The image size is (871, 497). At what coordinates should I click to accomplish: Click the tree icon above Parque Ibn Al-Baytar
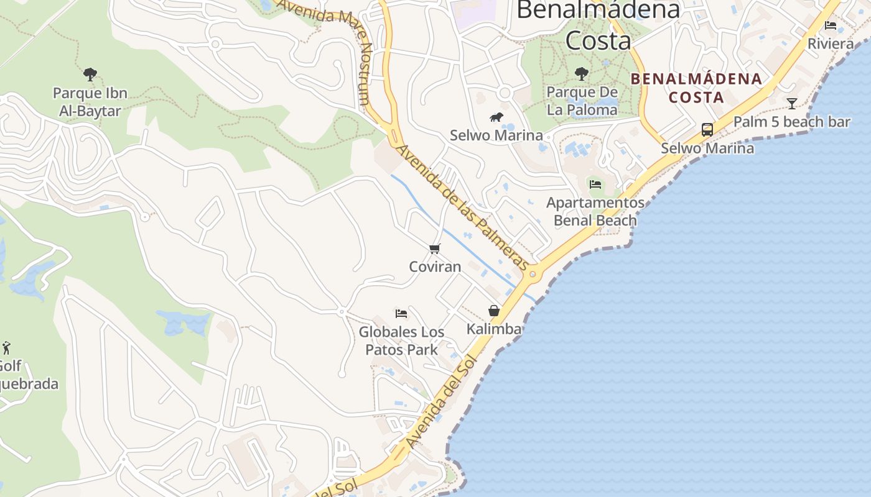coord(90,75)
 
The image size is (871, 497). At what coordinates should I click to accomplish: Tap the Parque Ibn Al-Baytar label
coord(90,102)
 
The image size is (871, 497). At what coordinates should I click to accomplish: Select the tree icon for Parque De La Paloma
coord(582,74)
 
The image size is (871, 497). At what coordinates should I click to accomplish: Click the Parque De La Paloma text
coord(582,101)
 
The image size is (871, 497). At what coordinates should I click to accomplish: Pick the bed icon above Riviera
coord(831,25)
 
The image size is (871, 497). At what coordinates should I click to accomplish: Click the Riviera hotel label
coord(831,44)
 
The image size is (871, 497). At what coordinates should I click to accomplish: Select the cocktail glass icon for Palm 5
coord(791,103)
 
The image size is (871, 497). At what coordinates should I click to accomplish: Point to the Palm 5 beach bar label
coord(791,122)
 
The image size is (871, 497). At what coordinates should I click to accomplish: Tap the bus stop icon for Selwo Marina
coord(707,129)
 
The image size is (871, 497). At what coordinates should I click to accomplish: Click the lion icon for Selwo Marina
coord(496,117)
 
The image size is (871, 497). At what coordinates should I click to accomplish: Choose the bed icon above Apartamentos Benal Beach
coord(595,184)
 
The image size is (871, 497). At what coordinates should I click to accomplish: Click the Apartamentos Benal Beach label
coord(595,211)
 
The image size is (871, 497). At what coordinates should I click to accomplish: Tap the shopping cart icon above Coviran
coord(435,248)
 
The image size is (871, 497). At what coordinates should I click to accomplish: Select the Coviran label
coord(435,267)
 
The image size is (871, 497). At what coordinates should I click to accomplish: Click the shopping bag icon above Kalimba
coord(494,311)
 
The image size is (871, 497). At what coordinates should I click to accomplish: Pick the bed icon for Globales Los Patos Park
coord(401,313)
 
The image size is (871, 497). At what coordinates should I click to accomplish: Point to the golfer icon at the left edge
coord(6,347)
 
